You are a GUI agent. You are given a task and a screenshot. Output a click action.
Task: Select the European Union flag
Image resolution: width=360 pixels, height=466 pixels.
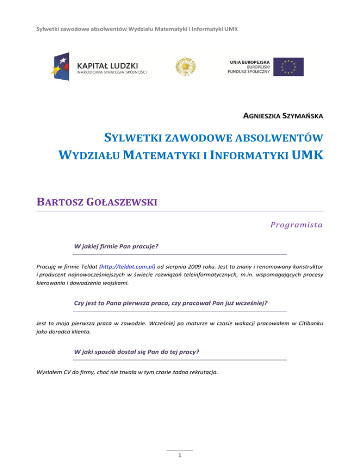pos(288,67)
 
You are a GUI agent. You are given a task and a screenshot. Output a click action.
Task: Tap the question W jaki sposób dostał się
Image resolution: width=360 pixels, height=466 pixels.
pos(140,351)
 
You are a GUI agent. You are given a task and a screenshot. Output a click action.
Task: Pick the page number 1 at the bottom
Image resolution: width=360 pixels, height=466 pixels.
pos(180,455)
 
